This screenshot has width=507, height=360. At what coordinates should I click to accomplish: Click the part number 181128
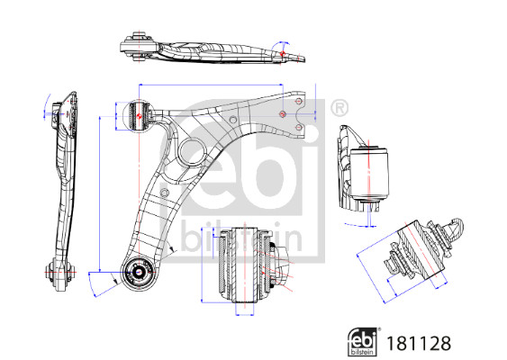point(419,343)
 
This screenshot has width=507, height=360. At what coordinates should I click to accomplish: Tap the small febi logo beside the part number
point(364,342)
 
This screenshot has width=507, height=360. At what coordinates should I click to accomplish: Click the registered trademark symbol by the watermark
point(340,108)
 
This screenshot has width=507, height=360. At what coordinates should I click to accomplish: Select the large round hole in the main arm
point(192,151)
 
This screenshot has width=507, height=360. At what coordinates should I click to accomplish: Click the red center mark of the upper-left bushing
point(140,116)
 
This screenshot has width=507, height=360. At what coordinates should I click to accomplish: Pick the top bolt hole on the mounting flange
point(299,102)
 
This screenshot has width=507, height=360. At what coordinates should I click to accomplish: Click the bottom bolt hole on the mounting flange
point(299,127)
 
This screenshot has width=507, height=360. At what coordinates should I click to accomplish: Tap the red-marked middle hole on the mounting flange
point(283,114)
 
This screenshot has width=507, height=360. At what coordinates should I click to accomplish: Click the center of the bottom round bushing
point(140,272)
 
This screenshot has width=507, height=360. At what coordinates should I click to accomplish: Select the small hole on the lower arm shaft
point(165,193)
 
